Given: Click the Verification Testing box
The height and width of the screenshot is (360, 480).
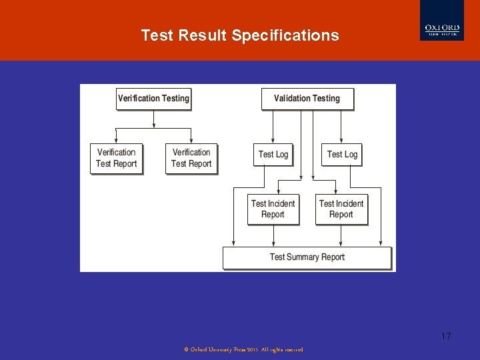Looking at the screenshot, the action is pos(153,99).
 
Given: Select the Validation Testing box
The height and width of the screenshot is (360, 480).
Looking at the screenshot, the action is pos(307,99).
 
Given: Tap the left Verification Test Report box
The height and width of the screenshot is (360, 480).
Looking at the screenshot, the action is pos(117,158).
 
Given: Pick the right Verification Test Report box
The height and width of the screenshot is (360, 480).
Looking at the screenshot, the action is pos(191,158).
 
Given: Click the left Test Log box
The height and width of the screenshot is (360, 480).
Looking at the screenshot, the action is pos(273,155).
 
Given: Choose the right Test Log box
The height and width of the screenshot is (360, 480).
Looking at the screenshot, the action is pos(342,155).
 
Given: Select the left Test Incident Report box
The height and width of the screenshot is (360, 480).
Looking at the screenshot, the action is pos(273,209).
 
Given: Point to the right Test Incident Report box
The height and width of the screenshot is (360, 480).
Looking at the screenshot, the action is pos(341,209).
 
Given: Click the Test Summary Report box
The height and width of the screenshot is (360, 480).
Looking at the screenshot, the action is pos(307,257).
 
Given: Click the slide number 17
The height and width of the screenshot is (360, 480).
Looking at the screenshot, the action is pos(446,336).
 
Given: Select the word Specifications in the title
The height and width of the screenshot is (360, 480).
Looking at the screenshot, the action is pos(285,35).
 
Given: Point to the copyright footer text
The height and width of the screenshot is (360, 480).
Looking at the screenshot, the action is pos(243,349).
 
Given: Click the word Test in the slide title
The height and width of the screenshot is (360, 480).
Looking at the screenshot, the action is pos(157,35).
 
